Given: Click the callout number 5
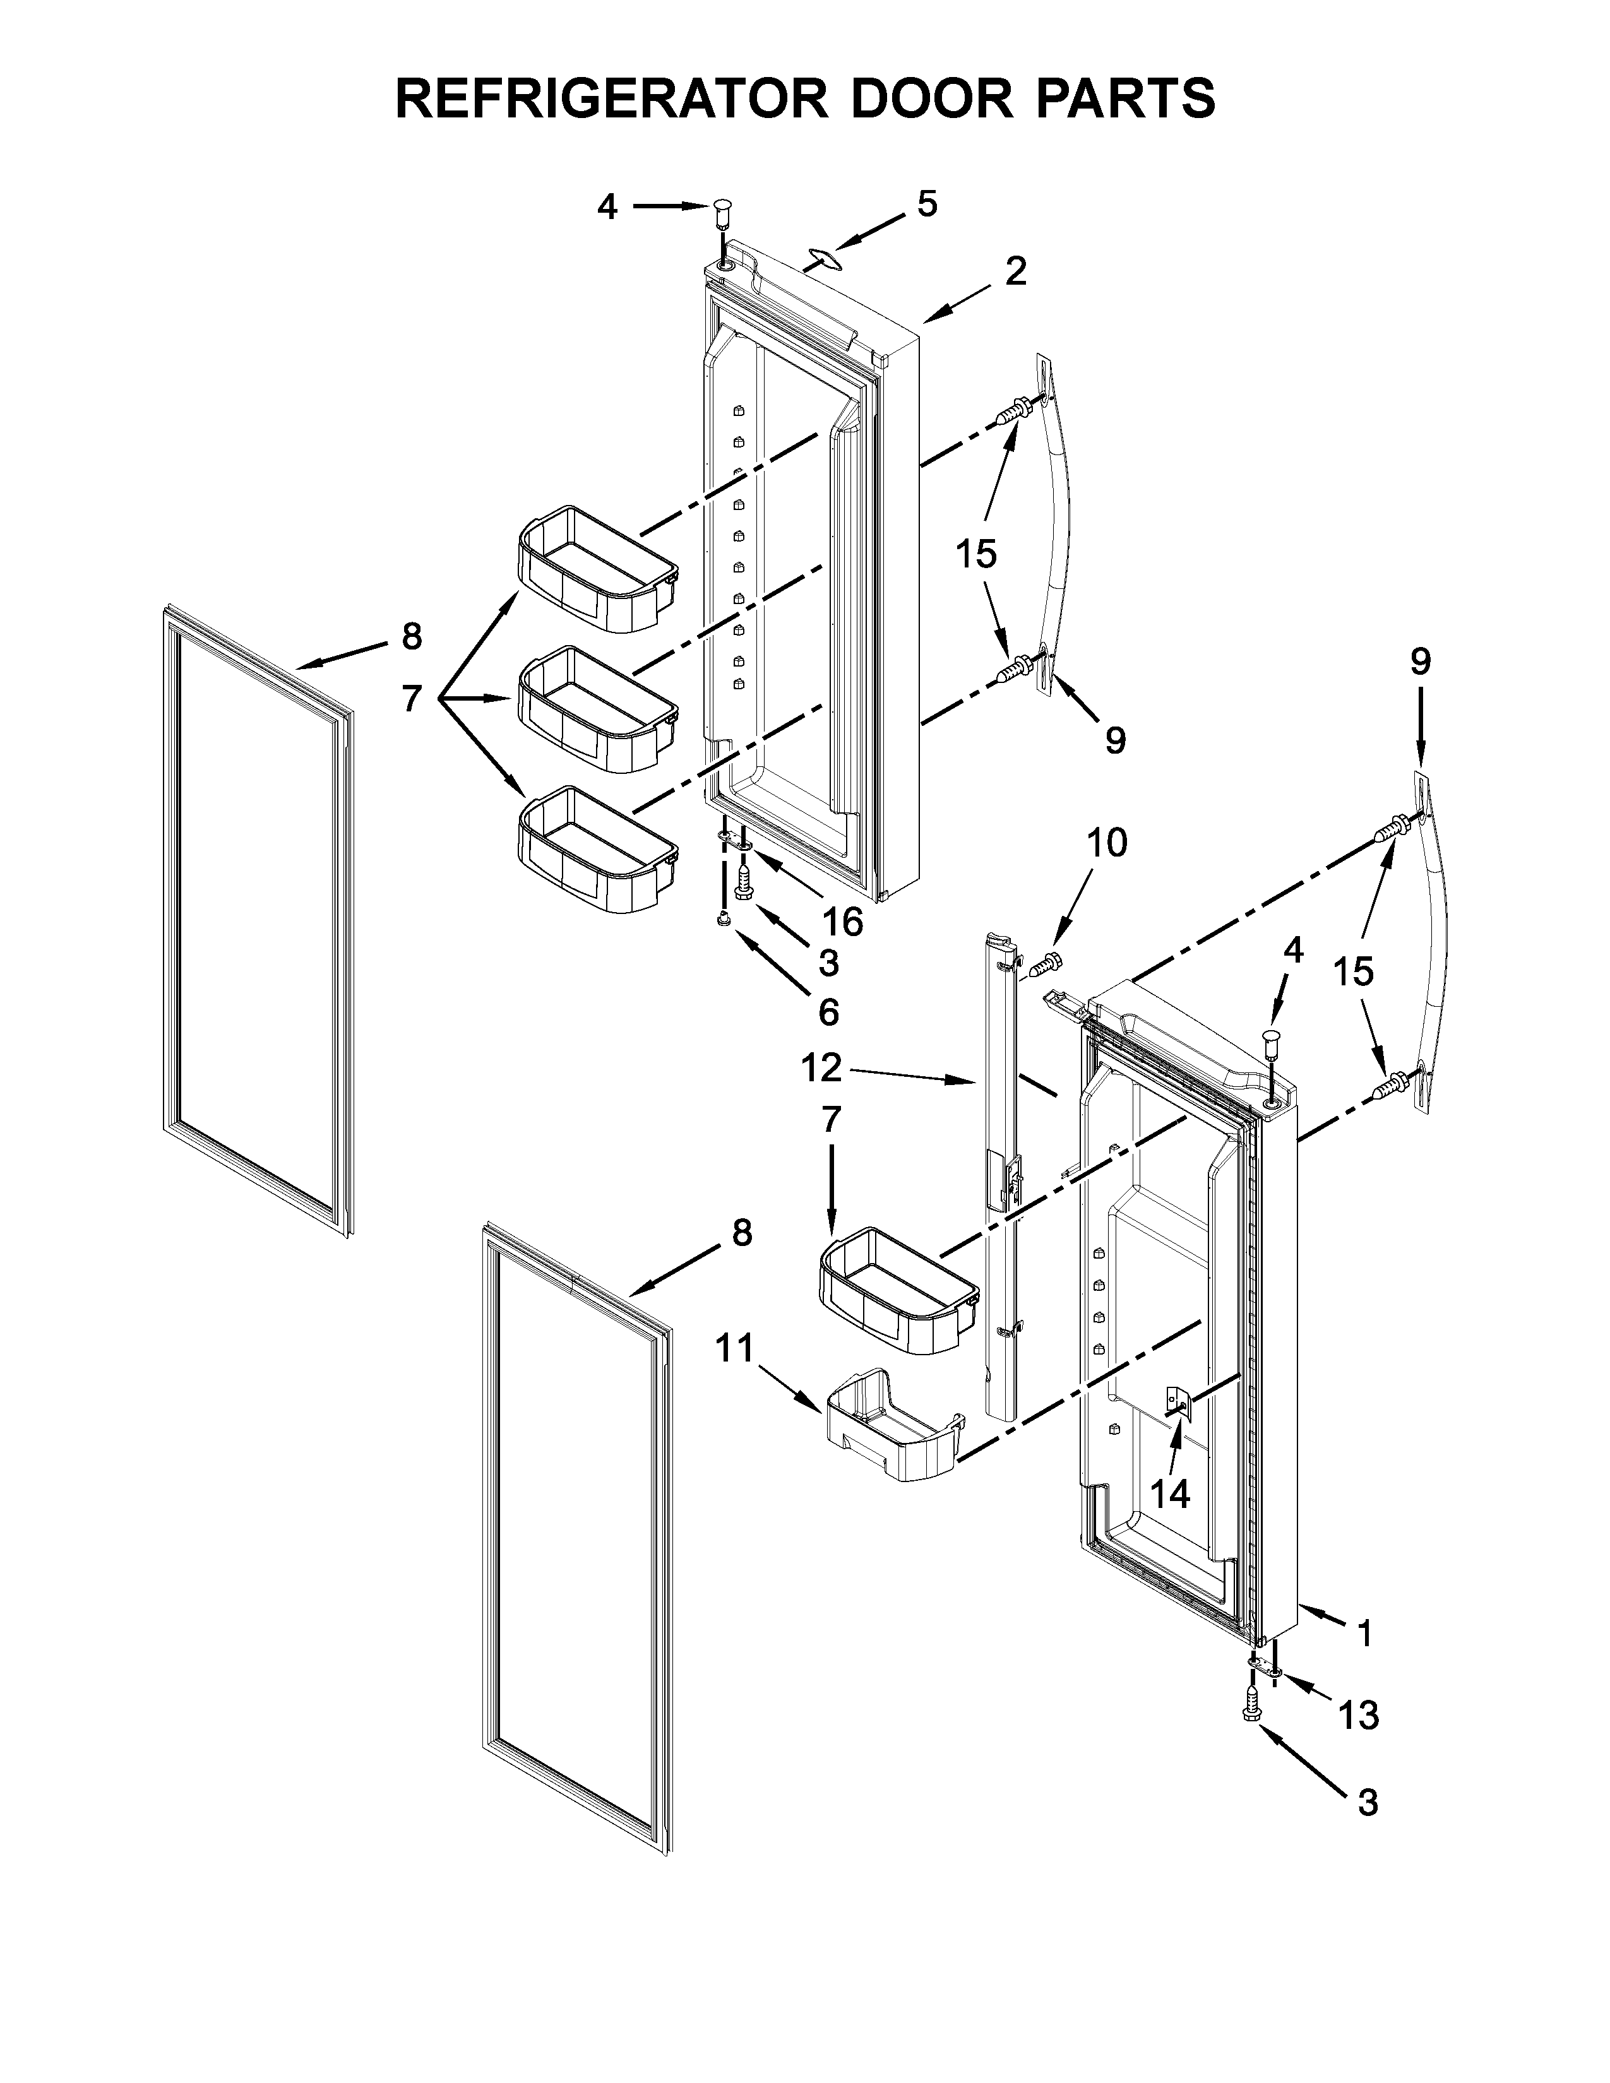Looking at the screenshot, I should tap(927, 203).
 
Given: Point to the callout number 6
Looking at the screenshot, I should tap(828, 1011).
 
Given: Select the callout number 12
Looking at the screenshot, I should tap(821, 1068).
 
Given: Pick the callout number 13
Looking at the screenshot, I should tap(1358, 1716).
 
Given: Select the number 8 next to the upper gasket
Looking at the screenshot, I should tap(411, 636).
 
